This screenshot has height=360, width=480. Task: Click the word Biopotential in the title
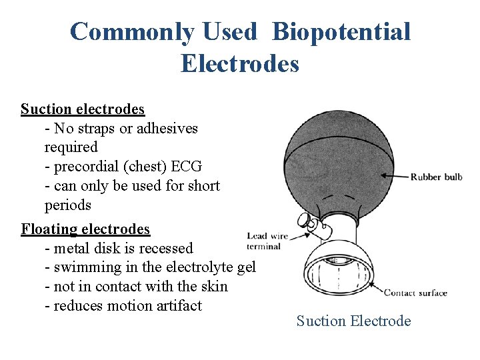pyautogui.click(x=341, y=32)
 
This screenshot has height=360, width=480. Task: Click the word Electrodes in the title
pyautogui.click(x=239, y=64)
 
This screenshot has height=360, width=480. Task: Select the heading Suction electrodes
pyautogui.click(x=82, y=109)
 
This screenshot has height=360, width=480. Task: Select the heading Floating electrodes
pyautogui.click(x=85, y=229)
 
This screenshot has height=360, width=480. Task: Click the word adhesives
pyautogui.click(x=167, y=128)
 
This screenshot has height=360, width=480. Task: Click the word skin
pyautogui.click(x=213, y=287)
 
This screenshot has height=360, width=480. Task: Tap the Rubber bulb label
pyautogui.click(x=436, y=177)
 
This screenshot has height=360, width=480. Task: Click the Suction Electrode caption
pyautogui.click(x=353, y=321)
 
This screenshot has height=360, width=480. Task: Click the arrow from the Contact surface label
pyautogui.click(x=371, y=289)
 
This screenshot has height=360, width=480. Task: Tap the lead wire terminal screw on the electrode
pyautogui.click(x=303, y=221)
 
